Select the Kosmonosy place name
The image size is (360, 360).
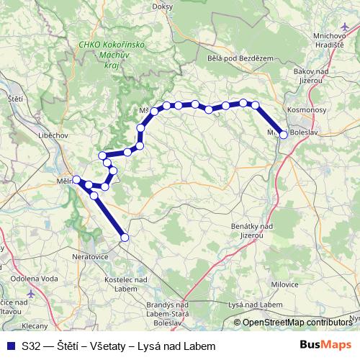coord(307,109)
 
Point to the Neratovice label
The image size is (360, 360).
coord(90,255)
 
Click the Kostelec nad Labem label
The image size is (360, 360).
coord(127,284)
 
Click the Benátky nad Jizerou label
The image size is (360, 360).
coord(252,230)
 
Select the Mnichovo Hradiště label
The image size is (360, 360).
coord(333,40)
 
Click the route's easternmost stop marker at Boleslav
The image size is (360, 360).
coord(284,135)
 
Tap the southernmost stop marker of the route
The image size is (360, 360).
coord(125,237)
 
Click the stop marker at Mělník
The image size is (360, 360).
coord(76,179)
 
